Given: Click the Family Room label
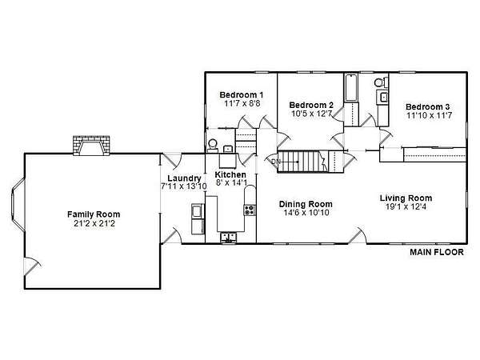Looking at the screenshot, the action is (x=94, y=214).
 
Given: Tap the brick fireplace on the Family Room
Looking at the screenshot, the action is (x=91, y=146).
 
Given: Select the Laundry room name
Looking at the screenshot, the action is (x=184, y=178).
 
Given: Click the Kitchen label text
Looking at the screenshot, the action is (x=230, y=174).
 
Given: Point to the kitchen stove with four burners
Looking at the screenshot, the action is (x=250, y=210).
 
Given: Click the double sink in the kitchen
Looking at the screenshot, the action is (x=228, y=238).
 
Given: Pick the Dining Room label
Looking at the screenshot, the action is (x=306, y=204).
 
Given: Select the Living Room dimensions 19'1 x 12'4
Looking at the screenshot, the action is (x=406, y=207).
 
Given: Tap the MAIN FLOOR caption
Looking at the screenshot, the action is (x=437, y=252).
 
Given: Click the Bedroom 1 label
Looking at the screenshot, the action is (x=242, y=95).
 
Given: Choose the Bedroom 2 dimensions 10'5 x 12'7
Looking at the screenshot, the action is (x=311, y=114).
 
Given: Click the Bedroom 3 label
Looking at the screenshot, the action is (x=428, y=107).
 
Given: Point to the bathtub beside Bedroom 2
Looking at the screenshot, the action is (x=351, y=88).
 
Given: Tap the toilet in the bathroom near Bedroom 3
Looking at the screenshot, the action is (x=380, y=82).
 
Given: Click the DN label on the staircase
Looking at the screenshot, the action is (x=275, y=162).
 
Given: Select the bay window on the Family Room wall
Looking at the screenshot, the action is (x=18, y=205).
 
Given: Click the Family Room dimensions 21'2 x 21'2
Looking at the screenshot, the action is (x=94, y=223).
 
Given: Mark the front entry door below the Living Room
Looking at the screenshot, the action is (x=358, y=235).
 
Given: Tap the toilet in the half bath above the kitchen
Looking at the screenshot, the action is (x=212, y=145).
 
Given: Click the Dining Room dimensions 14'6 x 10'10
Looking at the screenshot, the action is (x=306, y=213).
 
